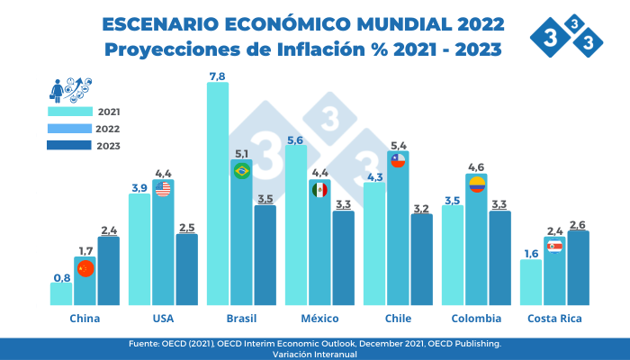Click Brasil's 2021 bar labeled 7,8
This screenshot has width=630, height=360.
click(218, 193)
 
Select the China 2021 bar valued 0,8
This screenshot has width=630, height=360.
click(60, 293)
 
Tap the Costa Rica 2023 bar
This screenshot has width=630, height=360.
click(579, 267)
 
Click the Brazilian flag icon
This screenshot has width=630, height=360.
click(241, 170)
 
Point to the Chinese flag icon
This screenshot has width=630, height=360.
click(85, 268)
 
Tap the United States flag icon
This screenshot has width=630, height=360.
click(163, 188)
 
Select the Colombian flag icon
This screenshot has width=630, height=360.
click(477, 184)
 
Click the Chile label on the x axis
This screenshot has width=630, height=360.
click(398, 319)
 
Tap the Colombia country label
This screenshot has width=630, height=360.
click(477, 319)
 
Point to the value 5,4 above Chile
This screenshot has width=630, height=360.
click(398, 145)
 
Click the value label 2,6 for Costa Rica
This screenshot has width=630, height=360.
click(579, 224)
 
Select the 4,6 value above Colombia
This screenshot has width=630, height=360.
click(477, 167)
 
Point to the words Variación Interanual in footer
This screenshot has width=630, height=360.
click(314, 354)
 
